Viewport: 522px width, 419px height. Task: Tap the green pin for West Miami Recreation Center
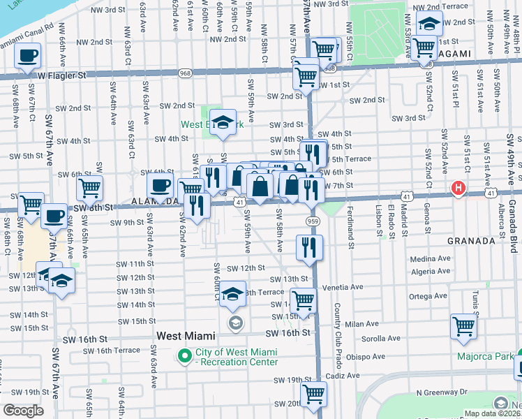(185, 357)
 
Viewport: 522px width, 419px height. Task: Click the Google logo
(23, 411)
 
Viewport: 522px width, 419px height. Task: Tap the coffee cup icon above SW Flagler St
(27, 56)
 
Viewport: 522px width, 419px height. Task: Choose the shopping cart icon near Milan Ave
(463, 326)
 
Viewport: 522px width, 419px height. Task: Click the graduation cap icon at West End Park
(223, 123)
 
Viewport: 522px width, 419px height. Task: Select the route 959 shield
(312, 221)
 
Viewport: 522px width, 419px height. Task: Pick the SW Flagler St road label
(62, 75)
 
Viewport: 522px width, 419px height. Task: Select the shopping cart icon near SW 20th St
(313, 393)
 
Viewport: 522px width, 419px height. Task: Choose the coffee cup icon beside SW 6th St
(161, 186)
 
